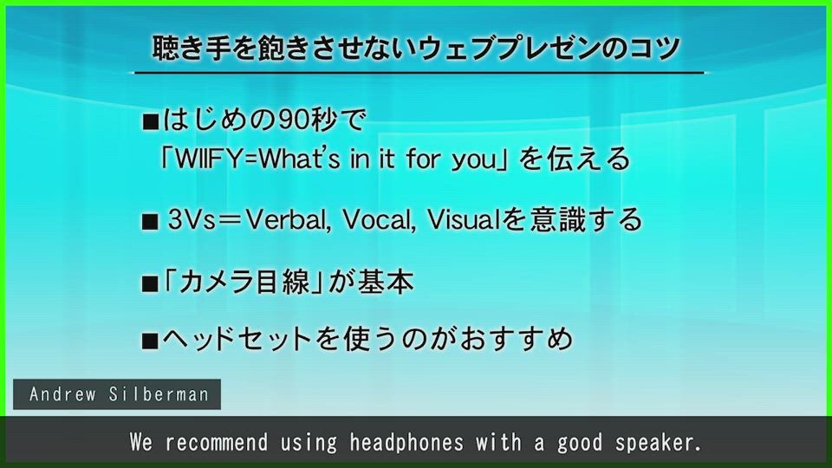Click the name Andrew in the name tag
63,394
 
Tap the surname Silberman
159,394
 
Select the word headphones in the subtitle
406,442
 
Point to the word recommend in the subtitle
217,442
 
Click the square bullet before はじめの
151,122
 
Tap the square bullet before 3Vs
150,222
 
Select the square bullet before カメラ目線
150,284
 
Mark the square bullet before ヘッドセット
150,340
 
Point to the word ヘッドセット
237,339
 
